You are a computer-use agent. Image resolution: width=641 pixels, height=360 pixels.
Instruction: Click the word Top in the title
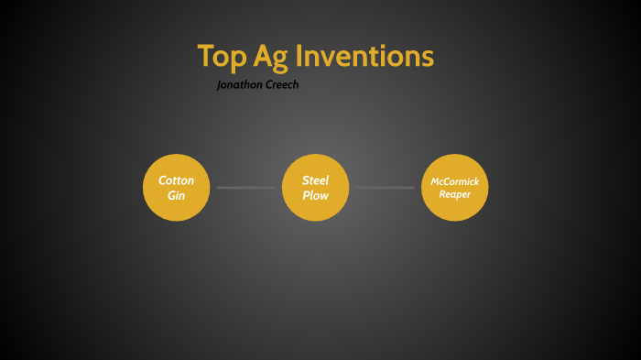219,57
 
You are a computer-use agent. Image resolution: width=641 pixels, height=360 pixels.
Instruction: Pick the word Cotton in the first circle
177,180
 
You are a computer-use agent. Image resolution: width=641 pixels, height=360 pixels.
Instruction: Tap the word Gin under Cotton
177,196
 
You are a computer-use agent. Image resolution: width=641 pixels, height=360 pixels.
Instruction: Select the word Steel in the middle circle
315,180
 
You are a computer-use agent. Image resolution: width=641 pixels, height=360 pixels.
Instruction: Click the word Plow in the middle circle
315,196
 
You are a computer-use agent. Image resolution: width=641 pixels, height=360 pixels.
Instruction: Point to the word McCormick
455,181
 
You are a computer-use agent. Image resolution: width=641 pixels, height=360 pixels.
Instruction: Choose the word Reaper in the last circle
455,194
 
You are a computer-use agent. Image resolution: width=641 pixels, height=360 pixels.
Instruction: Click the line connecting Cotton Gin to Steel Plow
245,188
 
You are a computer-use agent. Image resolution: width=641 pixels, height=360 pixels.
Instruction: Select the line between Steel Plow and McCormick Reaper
386,188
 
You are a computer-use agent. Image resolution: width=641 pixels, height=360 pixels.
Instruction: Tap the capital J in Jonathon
220,85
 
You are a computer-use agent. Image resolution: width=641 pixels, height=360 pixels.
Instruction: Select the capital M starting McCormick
436,181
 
